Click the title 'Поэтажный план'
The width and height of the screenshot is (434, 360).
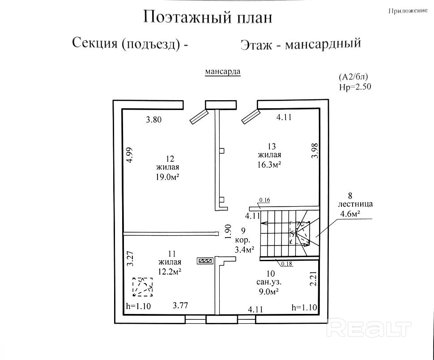tap(207, 17)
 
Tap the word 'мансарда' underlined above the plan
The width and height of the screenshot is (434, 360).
tap(223, 72)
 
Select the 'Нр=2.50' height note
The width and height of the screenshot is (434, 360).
tap(355, 86)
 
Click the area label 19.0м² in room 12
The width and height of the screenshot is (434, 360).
tap(168, 177)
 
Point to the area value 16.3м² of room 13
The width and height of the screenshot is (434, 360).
tap(269, 165)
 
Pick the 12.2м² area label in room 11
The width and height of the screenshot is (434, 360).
tap(169, 271)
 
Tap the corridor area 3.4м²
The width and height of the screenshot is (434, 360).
tap(244, 249)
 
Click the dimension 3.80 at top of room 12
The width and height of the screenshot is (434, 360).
tap(153, 119)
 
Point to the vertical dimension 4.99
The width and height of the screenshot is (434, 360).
tap(129, 155)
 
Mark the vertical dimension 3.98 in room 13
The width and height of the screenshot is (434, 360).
tap(315, 150)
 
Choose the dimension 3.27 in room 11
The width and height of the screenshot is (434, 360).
tap(130, 258)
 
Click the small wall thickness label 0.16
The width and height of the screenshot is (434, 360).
tap(265, 200)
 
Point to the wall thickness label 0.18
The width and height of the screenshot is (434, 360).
tap(287, 263)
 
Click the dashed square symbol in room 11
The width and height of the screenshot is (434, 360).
tap(142, 287)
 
